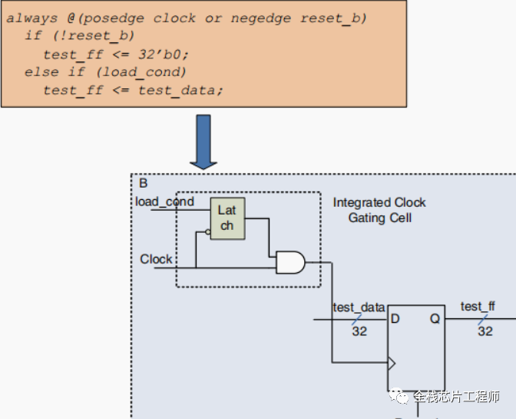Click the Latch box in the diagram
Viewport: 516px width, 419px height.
point(227,218)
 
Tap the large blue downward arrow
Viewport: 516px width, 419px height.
point(203,141)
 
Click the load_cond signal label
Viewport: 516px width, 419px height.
point(164,202)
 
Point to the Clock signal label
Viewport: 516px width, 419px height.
point(156,259)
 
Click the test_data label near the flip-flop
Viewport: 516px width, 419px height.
point(359,308)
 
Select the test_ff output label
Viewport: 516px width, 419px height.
point(478,307)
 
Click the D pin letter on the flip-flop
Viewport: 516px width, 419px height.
point(395,318)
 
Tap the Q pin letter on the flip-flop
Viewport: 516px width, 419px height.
point(435,318)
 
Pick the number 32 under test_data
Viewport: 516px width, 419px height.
point(359,331)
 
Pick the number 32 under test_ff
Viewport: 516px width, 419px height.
point(485,331)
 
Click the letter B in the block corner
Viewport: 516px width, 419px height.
point(144,183)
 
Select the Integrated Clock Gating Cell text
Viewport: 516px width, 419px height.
point(379,210)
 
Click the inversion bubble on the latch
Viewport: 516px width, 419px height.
point(207,231)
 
